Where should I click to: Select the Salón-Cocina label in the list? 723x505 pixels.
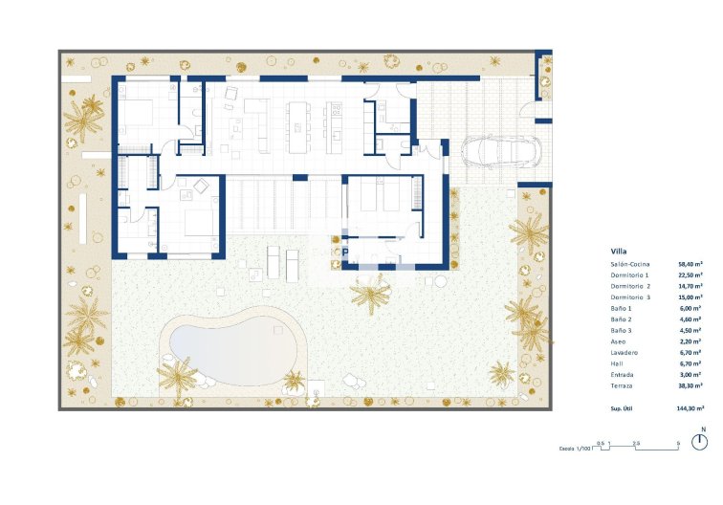coord(630,263)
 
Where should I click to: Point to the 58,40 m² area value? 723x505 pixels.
coord(690,263)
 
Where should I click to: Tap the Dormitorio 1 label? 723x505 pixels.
coord(629,274)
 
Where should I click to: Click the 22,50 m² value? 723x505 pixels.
coord(690,274)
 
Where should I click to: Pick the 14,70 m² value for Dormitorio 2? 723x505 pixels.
coord(690,286)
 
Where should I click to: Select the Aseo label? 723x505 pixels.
coord(618,341)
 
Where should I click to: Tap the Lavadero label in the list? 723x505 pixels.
coord(624,353)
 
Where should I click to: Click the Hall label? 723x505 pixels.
coord(616,363)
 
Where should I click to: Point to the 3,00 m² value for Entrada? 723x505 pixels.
coord(691,375)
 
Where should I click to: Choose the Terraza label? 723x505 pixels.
coord(622,385)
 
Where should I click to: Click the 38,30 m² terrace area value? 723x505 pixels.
coord(690,385)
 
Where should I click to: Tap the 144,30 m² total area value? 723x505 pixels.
coord(689,408)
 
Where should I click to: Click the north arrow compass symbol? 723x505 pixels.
coord(703,441)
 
